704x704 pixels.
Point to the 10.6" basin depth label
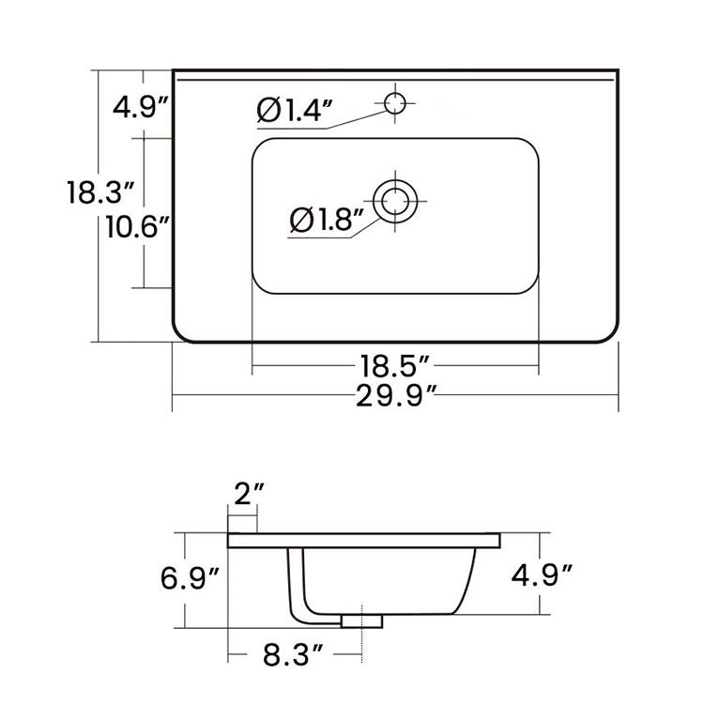137,226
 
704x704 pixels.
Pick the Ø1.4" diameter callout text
295,111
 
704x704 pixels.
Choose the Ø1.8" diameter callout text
326,220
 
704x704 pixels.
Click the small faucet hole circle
396,100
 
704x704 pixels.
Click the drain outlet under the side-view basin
364,620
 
